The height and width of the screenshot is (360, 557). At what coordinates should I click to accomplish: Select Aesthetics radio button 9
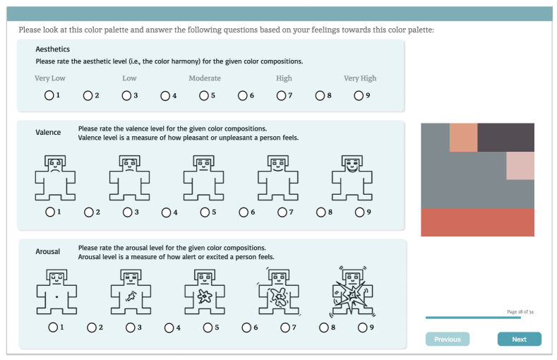359,95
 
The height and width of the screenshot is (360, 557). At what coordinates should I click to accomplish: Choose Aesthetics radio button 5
204,95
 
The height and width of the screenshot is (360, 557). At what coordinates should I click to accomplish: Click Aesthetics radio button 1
49,95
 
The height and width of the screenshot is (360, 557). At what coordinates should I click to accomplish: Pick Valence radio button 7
282,212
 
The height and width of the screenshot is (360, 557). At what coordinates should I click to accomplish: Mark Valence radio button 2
89,212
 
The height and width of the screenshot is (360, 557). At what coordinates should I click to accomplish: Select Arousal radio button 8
323,328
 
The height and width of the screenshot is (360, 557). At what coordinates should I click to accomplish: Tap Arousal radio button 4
169,328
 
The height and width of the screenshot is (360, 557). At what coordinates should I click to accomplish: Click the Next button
520,339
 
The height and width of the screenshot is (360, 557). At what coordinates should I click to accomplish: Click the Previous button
448,339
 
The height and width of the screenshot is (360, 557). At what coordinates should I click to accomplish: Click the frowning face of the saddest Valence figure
55,165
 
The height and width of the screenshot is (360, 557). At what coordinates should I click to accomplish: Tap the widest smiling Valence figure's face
352,165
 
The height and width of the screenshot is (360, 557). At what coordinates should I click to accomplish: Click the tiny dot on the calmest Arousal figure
56,296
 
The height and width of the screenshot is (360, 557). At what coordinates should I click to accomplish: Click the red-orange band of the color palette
477,222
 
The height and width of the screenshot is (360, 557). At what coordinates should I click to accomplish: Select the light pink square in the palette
520,166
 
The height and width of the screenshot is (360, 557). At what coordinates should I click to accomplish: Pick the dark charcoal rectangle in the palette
506,138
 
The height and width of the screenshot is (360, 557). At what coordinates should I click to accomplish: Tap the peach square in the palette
464,138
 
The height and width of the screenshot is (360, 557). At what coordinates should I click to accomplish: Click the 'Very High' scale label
360,78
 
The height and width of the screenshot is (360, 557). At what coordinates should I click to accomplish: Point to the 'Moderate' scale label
205,78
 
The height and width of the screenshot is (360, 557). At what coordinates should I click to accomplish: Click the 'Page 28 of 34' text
520,312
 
